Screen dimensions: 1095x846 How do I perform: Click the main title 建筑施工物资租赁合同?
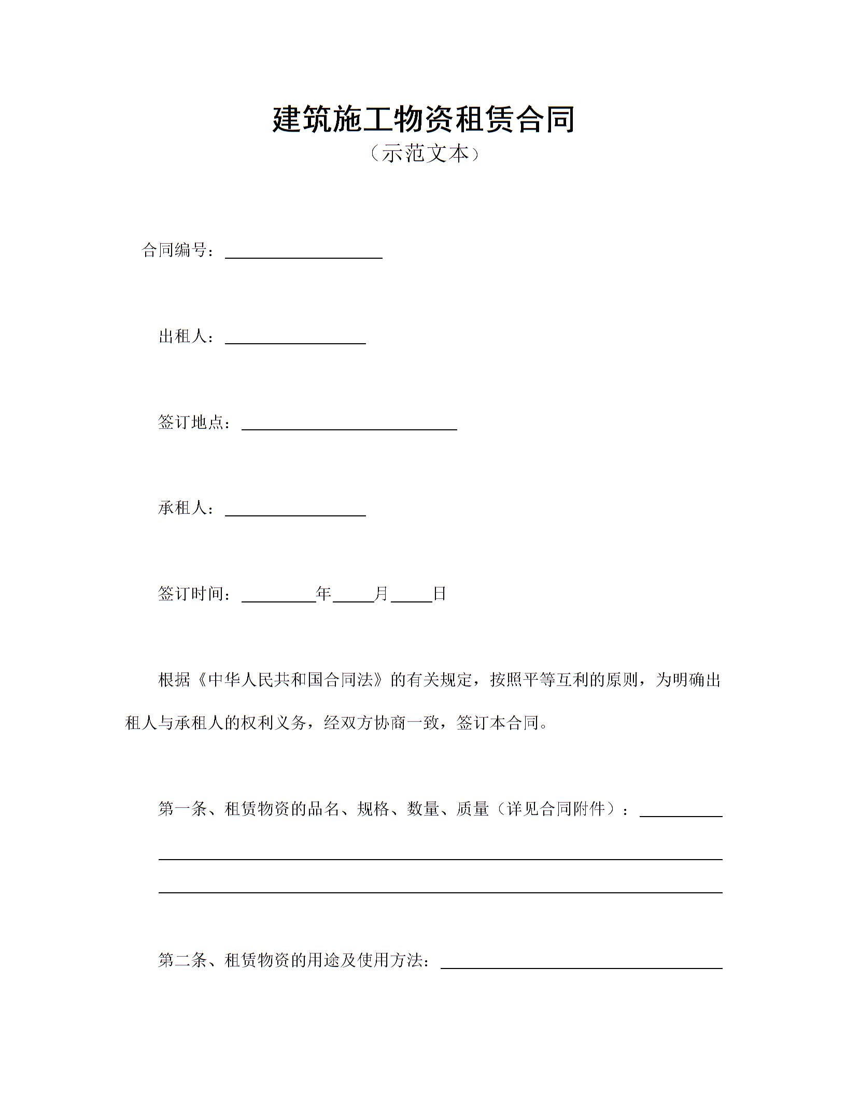click(423, 119)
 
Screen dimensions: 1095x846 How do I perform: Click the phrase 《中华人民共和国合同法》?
click(290, 680)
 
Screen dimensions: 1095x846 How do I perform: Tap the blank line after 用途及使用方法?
click(581, 963)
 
